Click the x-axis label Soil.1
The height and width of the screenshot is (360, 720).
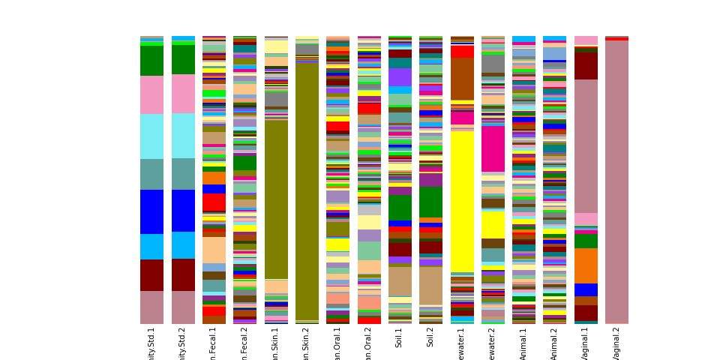(x=400, y=337)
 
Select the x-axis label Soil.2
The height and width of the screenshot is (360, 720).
(x=430, y=337)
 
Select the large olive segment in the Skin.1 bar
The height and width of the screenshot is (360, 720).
(x=276, y=199)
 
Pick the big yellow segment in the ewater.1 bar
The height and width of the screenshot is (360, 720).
(x=462, y=202)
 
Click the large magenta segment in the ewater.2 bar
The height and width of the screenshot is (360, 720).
(x=493, y=148)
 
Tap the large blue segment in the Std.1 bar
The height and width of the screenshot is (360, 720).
(x=151, y=211)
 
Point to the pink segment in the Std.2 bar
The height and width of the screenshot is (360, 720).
(x=183, y=94)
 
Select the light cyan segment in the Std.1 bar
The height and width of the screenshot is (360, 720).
(x=151, y=136)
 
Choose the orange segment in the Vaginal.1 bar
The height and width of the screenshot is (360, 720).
(x=586, y=265)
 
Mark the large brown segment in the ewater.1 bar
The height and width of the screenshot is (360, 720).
(x=462, y=79)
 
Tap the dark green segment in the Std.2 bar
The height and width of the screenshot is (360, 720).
(x=183, y=59)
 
